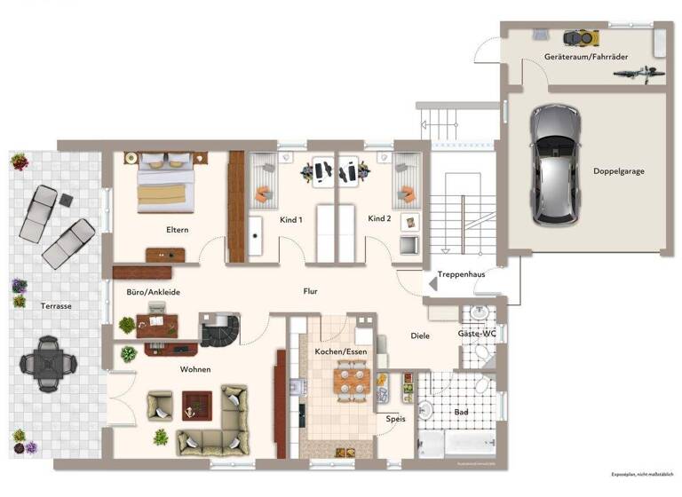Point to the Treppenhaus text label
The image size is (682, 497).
[461, 274]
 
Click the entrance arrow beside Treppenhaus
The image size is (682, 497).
[432, 283]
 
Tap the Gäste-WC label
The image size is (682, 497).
[477, 334]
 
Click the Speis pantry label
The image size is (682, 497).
[396, 419]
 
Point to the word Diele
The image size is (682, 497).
[420, 335]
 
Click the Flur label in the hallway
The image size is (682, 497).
[309, 291]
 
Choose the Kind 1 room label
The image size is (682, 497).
[291, 218]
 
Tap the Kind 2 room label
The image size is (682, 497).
[380, 218]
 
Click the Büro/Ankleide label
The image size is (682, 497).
[154, 291]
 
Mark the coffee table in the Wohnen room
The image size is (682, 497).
[197, 406]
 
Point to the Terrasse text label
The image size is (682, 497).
[56, 305]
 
